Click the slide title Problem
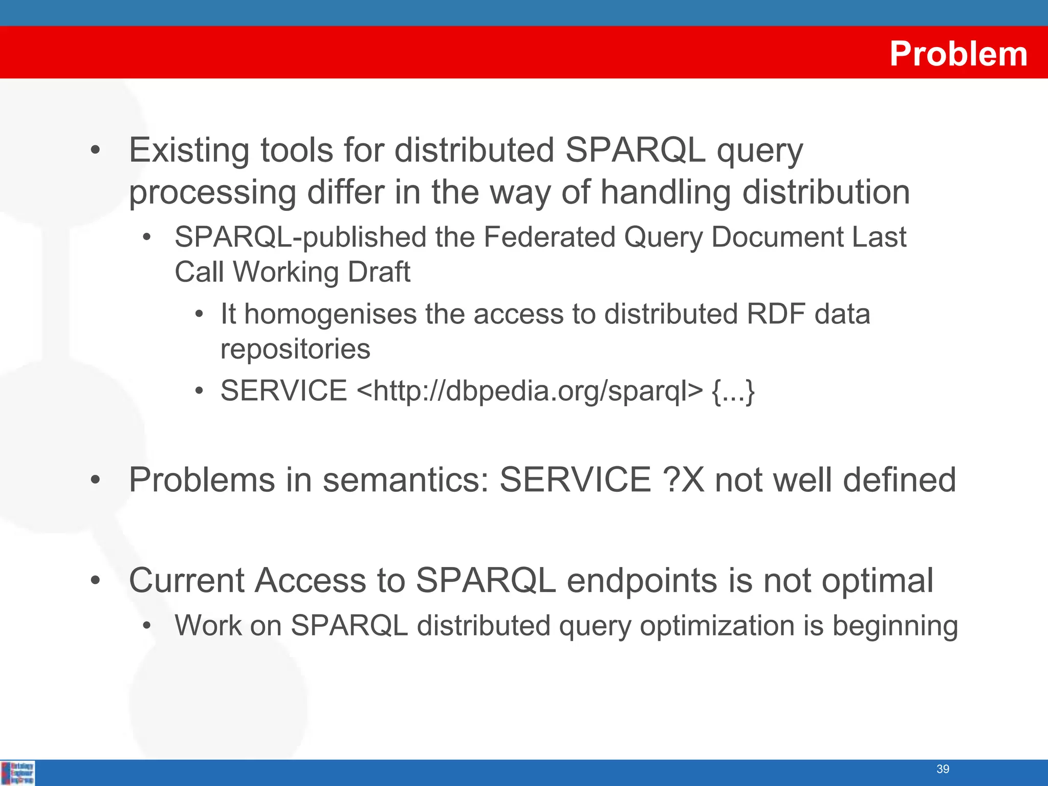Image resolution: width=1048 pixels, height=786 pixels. (x=958, y=54)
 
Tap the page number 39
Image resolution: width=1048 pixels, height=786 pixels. (x=943, y=769)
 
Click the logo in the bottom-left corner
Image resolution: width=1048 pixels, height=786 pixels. (x=18, y=773)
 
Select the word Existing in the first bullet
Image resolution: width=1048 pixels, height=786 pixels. (x=189, y=150)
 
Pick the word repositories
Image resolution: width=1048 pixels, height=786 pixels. (x=295, y=349)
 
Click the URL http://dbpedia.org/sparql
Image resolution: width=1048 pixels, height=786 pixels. (x=529, y=391)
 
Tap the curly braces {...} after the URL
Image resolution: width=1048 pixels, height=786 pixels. (x=733, y=391)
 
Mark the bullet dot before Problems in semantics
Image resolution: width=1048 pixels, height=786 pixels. (x=95, y=481)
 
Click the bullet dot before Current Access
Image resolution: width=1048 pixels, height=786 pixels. (x=95, y=581)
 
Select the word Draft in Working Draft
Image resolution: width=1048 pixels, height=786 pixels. (x=379, y=272)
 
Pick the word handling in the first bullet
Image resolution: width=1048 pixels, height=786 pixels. (x=665, y=193)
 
